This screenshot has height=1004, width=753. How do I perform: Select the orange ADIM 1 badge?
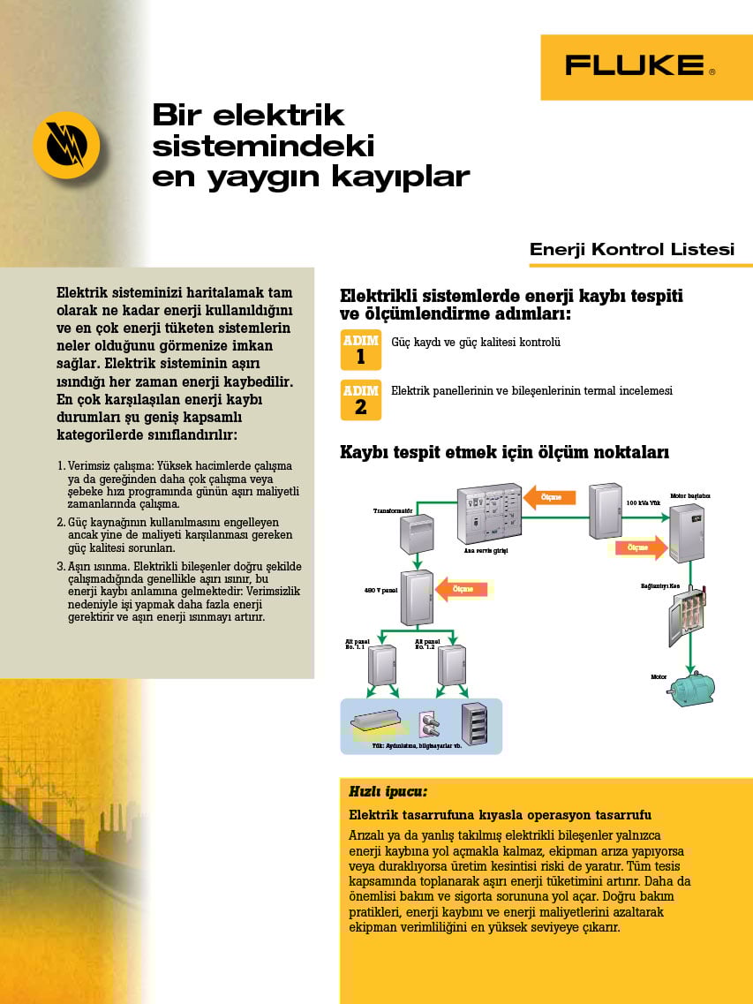pyautogui.click(x=360, y=349)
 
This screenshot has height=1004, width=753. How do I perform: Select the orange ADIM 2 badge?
pyautogui.click(x=360, y=399)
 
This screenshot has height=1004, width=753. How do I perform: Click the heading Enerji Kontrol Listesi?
pyautogui.click(x=631, y=249)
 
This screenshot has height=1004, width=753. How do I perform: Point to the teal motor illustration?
pyautogui.click(x=691, y=688)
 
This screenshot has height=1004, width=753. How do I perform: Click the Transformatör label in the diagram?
pyautogui.click(x=393, y=510)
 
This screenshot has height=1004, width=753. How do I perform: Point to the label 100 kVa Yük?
pyautogui.click(x=644, y=502)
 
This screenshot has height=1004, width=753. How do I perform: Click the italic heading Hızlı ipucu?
pyautogui.click(x=388, y=791)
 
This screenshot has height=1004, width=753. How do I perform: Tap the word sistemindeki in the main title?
pyautogui.click(x=263, y=145)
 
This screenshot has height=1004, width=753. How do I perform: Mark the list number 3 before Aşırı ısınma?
pyautogui.click(x=60, y=566)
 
